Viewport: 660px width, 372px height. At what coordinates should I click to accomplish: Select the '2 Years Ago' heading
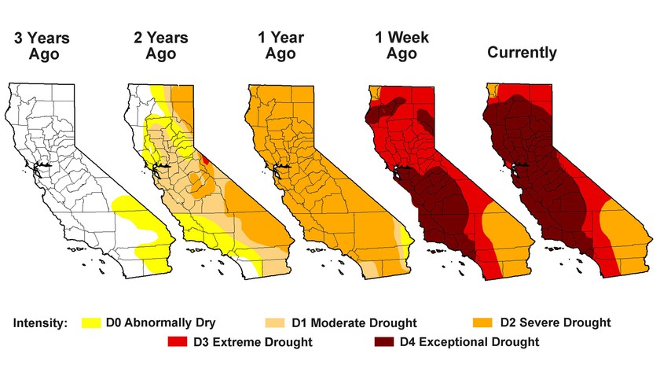tap(162, 45)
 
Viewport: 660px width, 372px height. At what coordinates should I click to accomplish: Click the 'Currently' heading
tap(522, 53)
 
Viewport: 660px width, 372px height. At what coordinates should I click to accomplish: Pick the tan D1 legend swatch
tap(275, 322)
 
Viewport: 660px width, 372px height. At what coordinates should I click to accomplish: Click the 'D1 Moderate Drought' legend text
tap(354, 323)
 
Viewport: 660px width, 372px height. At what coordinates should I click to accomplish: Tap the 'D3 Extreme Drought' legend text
tap(252, 342)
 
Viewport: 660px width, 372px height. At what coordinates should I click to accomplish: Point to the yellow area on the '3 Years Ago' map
tap(141, 216)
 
